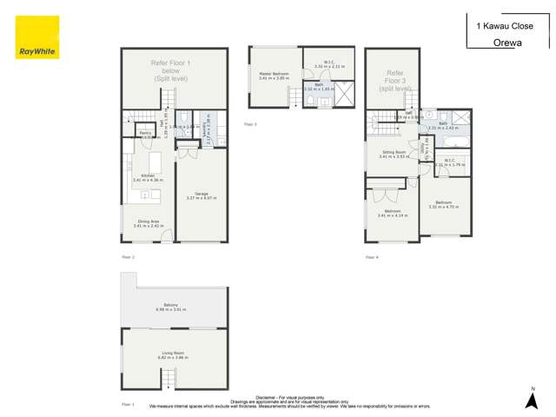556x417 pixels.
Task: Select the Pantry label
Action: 144,134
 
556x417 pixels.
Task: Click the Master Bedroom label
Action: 275,74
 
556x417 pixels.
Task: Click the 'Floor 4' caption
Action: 372,257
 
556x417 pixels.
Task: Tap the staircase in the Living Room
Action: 167,380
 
